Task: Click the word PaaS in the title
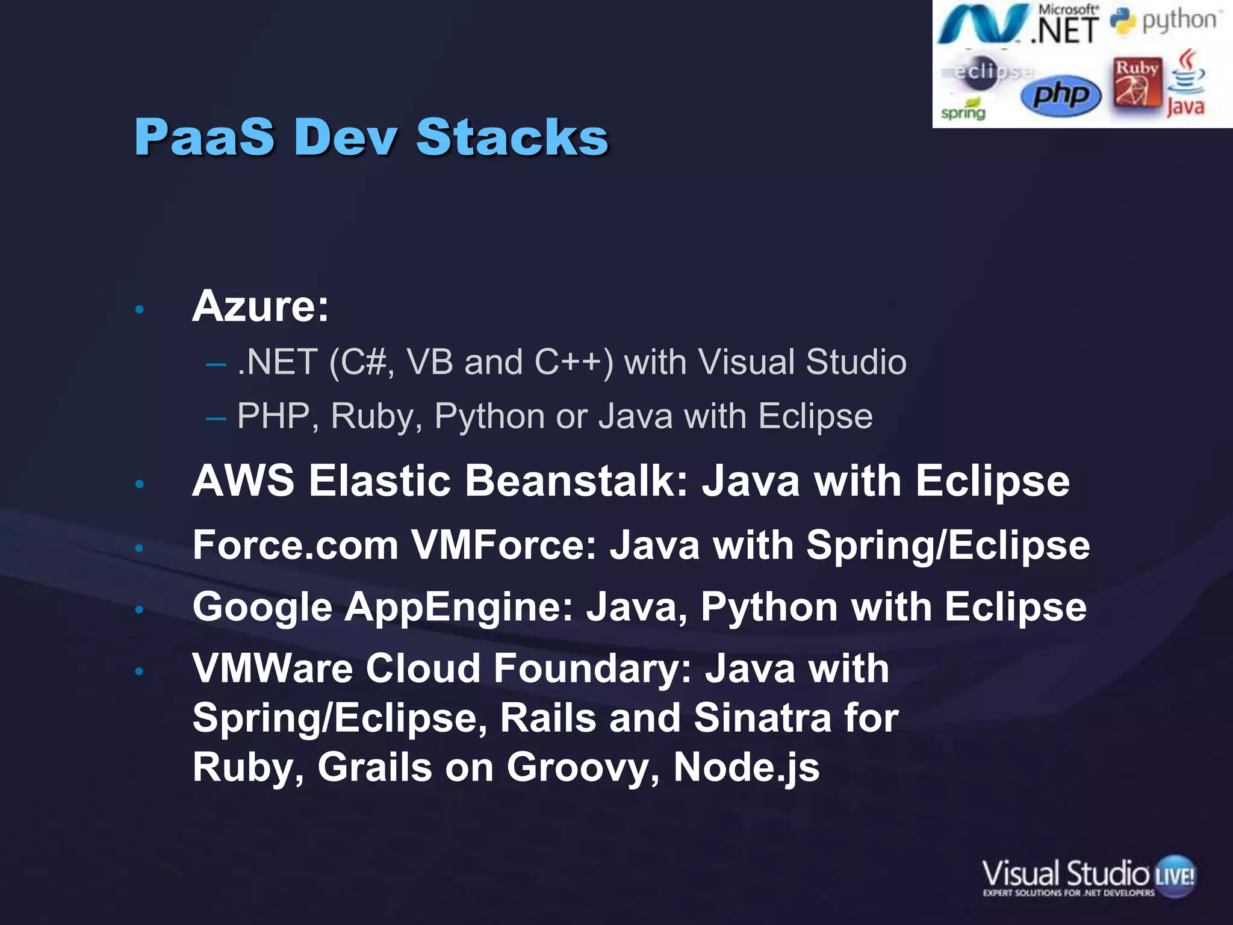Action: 204,137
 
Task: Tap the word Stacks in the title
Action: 512,137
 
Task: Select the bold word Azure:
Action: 260,307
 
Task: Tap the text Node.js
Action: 746,767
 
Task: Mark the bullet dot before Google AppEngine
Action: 139,609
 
